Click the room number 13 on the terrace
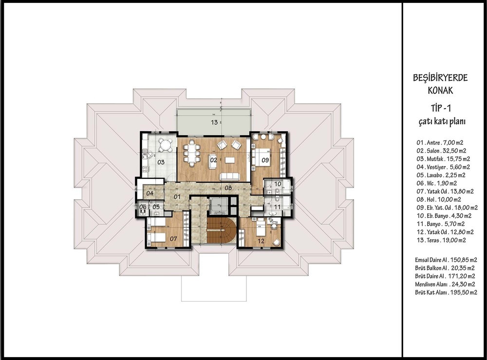(x=214, y=122)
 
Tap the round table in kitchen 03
(x=166, y=145)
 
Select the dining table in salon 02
(x=191, y=153)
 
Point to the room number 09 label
(x=265, y=160)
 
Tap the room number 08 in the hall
(x=228, y=188)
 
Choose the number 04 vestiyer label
(x=150, y=193)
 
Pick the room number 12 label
(x=261, y=241)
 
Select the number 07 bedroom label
(x=173, y=239)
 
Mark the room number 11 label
(x=278, y=207)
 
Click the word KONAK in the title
(x=440, y=91)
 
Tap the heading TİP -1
(x=441, y=108)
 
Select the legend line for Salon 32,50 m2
(x=441, y=151)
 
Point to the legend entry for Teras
(x=441, y=240)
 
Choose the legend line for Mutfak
(x=443, y=159)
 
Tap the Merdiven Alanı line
(x=445, y=284)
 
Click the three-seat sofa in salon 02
(x=229, y=177)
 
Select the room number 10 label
(x=278, y=184)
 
